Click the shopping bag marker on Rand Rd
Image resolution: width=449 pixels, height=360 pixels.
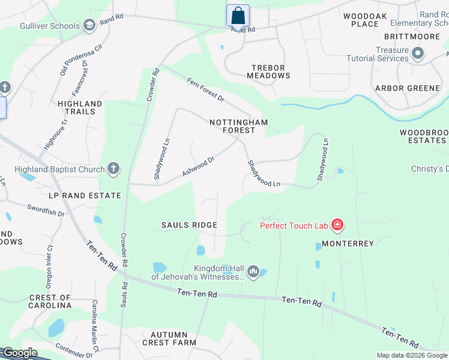pyautogui.click(x=238, y=15)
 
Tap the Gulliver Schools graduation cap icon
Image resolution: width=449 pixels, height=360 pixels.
pyautogui.click(x=89, y=25)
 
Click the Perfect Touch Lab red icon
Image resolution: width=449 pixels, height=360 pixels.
pyautogui.click(x=337, y=226)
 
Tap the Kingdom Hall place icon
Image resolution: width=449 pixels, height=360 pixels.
pyautogui.click(x=253, y=272)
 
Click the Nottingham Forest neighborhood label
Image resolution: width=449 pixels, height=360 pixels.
pyautogui.click(x=238, y=127)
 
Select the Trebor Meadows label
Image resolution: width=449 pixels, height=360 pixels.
pyautogui.click(x=268, y=72)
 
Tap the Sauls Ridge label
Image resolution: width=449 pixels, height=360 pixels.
pyautogui.click(x=188, y=225)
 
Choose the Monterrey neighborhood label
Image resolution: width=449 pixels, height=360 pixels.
pyautogui.click(x=348, y=244)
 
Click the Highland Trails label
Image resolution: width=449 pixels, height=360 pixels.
pyautogui.click(x=80, y=107)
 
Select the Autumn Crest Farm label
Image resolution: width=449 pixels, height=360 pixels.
pyautogui.click(x=169, y=338)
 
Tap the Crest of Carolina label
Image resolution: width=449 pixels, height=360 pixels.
pyautogui.click(x=50, y=301)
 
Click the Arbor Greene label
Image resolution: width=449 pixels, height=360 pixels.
pyautogui.click(x=408, y=88)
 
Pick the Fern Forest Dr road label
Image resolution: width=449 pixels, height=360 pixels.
pyautogui.click(x=205, y=89)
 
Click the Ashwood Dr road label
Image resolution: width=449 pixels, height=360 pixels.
pyautogui.click(x=199, y=167)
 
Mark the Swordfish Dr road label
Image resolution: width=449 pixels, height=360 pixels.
pyautogui.click(x=45, y=211)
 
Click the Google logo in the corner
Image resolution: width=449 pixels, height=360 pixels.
pyautogui.click(x=20, y=353)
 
